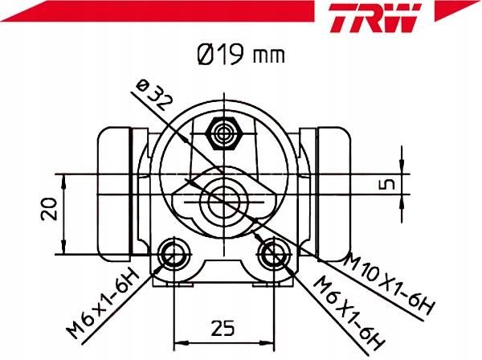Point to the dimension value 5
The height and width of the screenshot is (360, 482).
pos(388,183)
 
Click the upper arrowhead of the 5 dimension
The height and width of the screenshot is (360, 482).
pos(398,168)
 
